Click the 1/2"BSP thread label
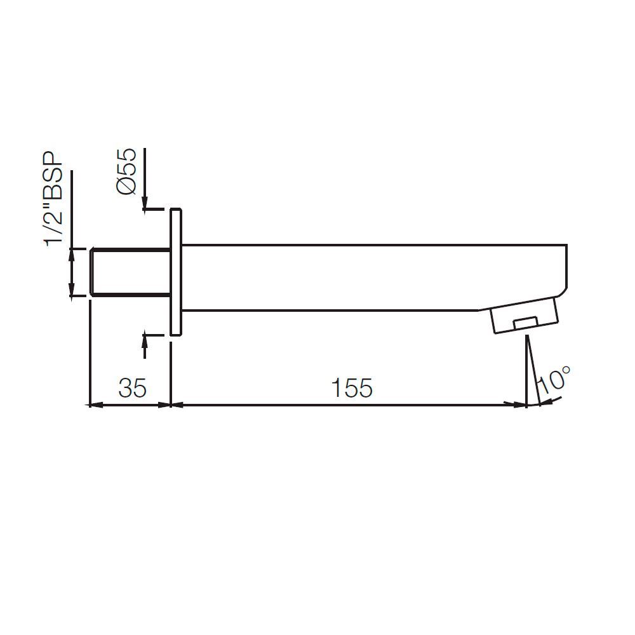56,199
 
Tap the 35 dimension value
133,387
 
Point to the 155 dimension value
353,387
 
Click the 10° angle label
552,380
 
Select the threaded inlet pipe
130,272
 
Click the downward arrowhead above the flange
145,202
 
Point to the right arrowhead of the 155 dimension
519,404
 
